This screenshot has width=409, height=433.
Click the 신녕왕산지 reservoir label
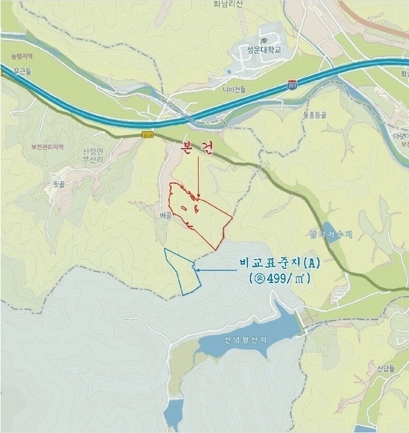245,341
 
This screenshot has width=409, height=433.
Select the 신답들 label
385,367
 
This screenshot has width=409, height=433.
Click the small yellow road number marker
148,134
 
